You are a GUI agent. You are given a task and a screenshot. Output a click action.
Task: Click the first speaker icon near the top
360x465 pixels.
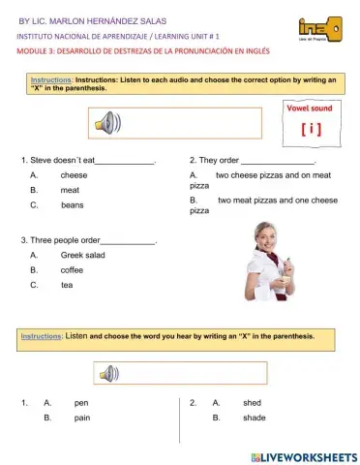[x=107, y=123]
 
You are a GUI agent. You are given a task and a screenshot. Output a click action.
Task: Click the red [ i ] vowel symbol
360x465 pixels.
[x=313, y=127]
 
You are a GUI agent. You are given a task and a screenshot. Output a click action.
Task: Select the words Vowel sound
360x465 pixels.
[x=312, y=109]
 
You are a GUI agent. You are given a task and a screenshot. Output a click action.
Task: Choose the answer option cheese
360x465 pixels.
[x=74, y=175]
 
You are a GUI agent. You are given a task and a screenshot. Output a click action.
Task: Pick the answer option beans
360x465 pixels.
[x=72, y=205]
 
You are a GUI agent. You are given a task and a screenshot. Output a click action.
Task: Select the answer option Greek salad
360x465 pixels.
[x=83, y=255]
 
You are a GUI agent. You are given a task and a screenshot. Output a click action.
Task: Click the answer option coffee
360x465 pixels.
[x=73, y=270]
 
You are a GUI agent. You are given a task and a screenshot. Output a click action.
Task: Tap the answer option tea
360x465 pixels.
[x=67, y=285]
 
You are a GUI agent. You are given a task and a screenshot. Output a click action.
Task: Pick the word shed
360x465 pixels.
[x=252, y=402]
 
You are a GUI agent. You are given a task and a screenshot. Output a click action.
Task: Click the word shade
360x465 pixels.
[x=255, y=418]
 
